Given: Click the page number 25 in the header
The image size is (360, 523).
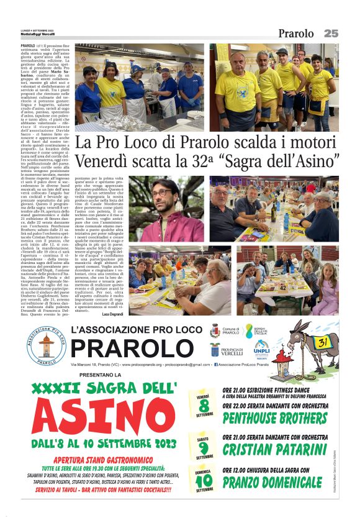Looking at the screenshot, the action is [x=331, y=33].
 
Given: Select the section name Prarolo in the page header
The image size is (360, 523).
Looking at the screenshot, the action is [x=296, y=34].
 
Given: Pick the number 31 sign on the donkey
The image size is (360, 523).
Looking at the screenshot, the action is [x=323, y=340].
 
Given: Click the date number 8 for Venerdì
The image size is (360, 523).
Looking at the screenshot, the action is [x=204, y=404].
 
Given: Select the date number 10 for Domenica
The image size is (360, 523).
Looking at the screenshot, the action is [x=204, y=480].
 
